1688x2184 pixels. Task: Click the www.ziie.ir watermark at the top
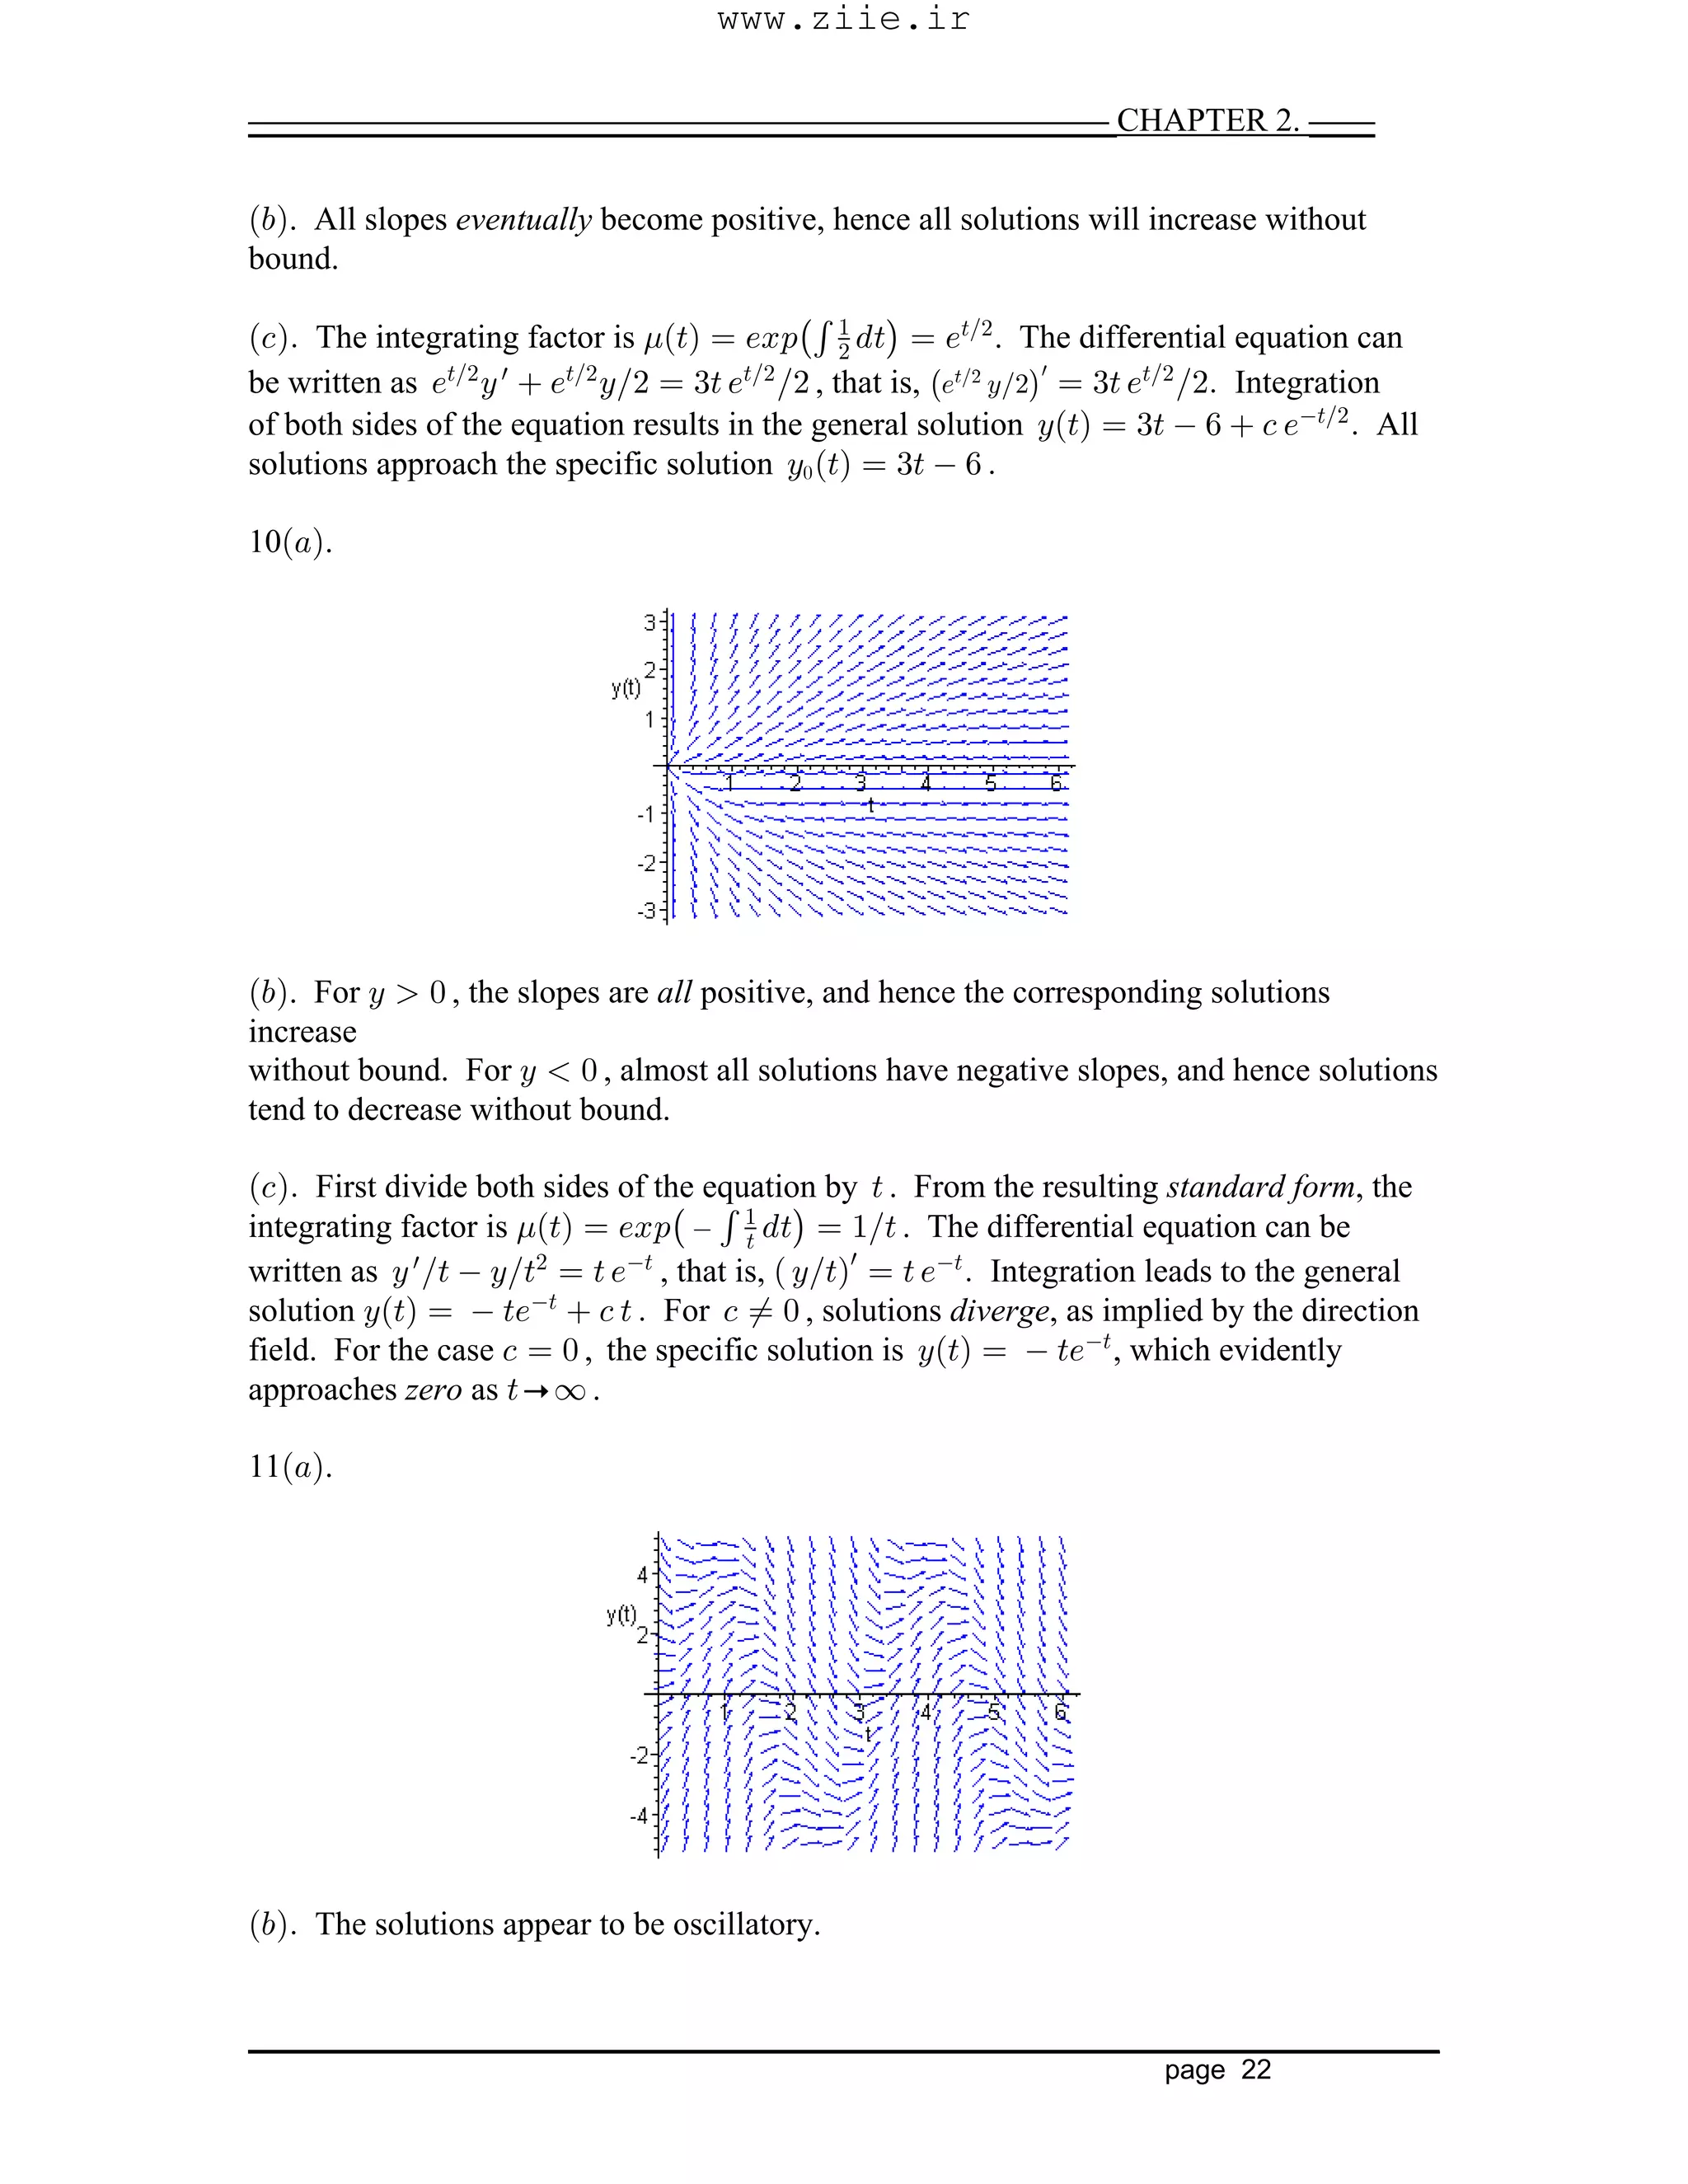pyautogui.click(x=843, y=19)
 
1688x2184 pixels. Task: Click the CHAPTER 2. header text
pyautogui.click(x=1207, y=120)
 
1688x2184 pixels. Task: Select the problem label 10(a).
pyautogui.click(x=289, y=542)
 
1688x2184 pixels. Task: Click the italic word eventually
pyautogui.click(x=523, y=219)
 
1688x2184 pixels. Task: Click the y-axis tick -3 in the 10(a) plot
pyautogui.click(x=646, y=911)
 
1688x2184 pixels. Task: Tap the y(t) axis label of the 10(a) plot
pyautogui.click(x=626, y=688)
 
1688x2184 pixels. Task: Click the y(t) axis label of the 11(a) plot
pyautogui.click(x=621, y=1614)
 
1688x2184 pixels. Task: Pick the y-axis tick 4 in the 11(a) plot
pyautogui.click(x=643, y=1575)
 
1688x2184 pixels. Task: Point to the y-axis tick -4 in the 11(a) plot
pyautogui.click(x=639, y=1815)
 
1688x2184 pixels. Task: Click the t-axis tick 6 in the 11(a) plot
pyautogui.click(x=1061, y=1711)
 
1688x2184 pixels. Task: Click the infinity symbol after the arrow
pyautogui.click(x=569, y=1391)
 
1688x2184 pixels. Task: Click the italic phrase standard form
pyautogui.click(x=1260, y=1187)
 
